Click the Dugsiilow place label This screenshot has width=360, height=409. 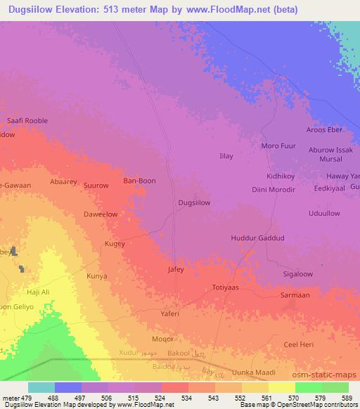point(194,202)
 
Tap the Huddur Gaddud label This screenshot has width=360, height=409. point(257,238)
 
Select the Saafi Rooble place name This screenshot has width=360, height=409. point(27,121)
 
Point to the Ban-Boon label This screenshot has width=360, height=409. point(139,181)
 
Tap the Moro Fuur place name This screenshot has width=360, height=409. point(276,145)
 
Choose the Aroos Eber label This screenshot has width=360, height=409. point(323,130)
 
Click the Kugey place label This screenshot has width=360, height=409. point(115,244)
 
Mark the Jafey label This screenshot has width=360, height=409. point(176,269)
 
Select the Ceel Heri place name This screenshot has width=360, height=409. point(297,344)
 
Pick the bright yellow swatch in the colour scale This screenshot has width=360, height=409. point(281,387)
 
